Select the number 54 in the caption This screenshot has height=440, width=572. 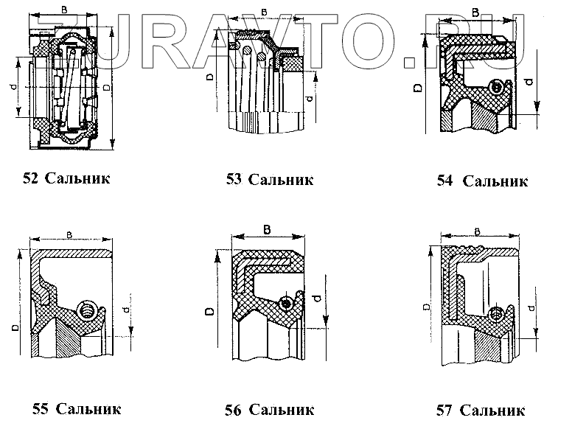(x=444, y=181)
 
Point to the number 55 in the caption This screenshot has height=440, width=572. (x=42, y=408)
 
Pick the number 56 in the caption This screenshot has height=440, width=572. (x=234, y=410)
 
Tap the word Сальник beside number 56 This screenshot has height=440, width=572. (x=282, y=410)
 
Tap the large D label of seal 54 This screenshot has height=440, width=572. (x=418, y=88)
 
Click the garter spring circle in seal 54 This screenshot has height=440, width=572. (x=497, y=87)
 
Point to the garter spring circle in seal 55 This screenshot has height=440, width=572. (x=87, y=310)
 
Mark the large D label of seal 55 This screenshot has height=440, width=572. (x=14, y=324)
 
